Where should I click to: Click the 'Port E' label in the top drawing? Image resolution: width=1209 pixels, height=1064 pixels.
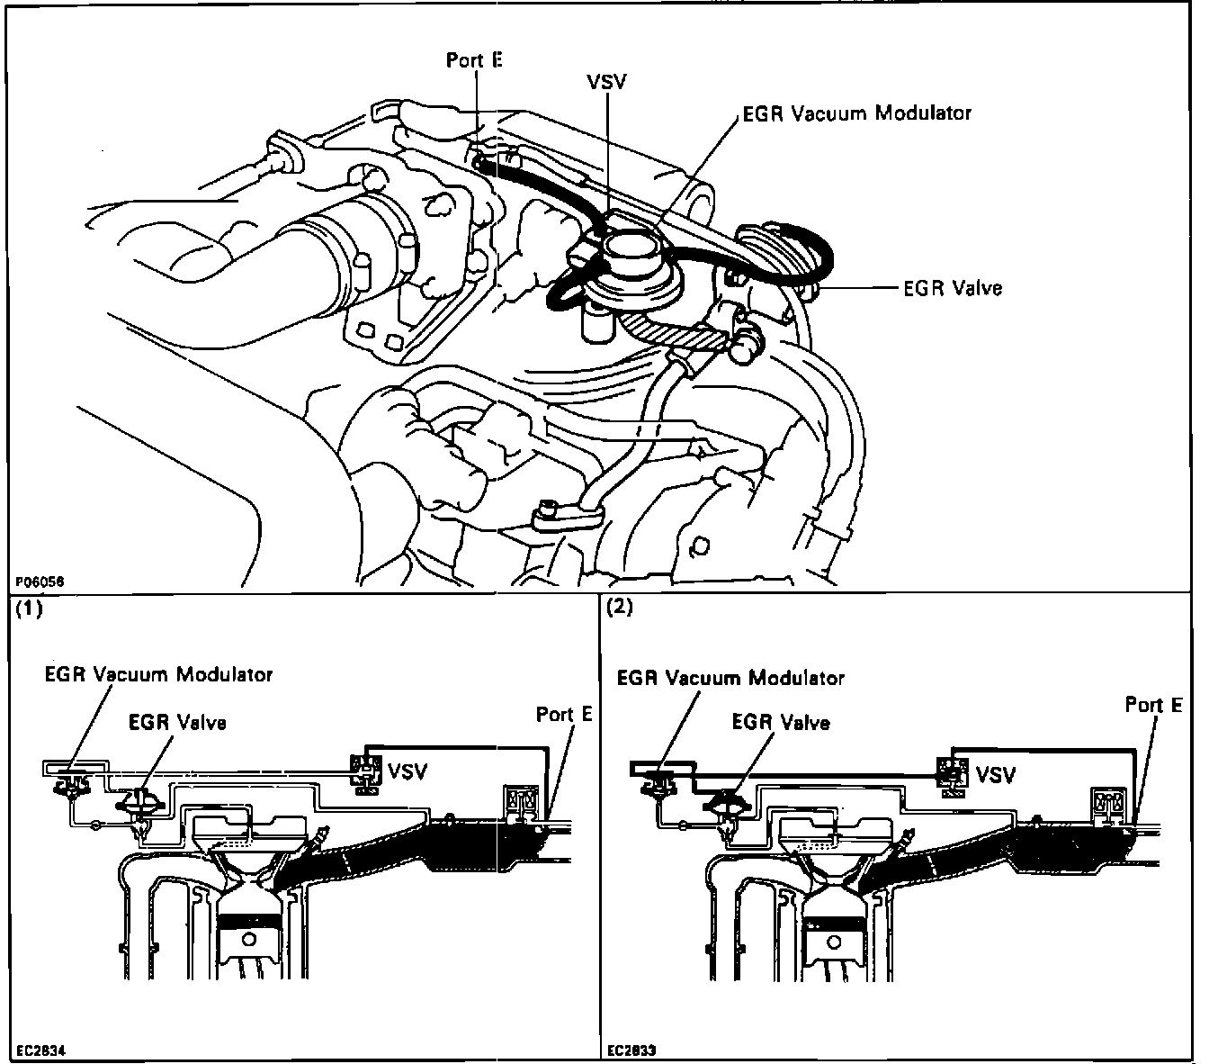(474, 59)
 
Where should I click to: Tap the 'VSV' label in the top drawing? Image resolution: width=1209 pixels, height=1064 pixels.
(607, 82)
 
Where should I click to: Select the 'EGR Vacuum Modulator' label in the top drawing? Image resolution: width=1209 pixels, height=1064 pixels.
(857, 113)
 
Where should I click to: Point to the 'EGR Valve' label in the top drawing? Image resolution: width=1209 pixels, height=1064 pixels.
(953, 288)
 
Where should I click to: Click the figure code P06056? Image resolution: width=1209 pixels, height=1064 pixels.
(39, 582)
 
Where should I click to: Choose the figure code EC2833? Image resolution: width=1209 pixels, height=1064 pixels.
(632, 1050)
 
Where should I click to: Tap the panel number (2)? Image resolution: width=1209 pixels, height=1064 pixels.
(620, 607)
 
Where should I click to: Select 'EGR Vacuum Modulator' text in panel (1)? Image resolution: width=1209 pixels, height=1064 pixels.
(158, 674)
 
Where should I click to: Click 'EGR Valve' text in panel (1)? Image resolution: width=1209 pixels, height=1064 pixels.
(177, 722)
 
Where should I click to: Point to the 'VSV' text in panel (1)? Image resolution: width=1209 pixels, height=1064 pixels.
(407, 771)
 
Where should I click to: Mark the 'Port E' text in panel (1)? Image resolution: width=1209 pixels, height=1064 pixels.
(564, 715)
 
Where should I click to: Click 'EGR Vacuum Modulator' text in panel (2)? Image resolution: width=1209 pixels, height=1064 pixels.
(730, 678)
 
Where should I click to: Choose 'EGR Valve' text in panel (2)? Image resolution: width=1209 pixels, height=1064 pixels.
(781, 723)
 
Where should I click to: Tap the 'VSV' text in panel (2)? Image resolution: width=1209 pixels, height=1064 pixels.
(996, 774)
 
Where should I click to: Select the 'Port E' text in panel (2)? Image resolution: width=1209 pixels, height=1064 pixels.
(1153, 705)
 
